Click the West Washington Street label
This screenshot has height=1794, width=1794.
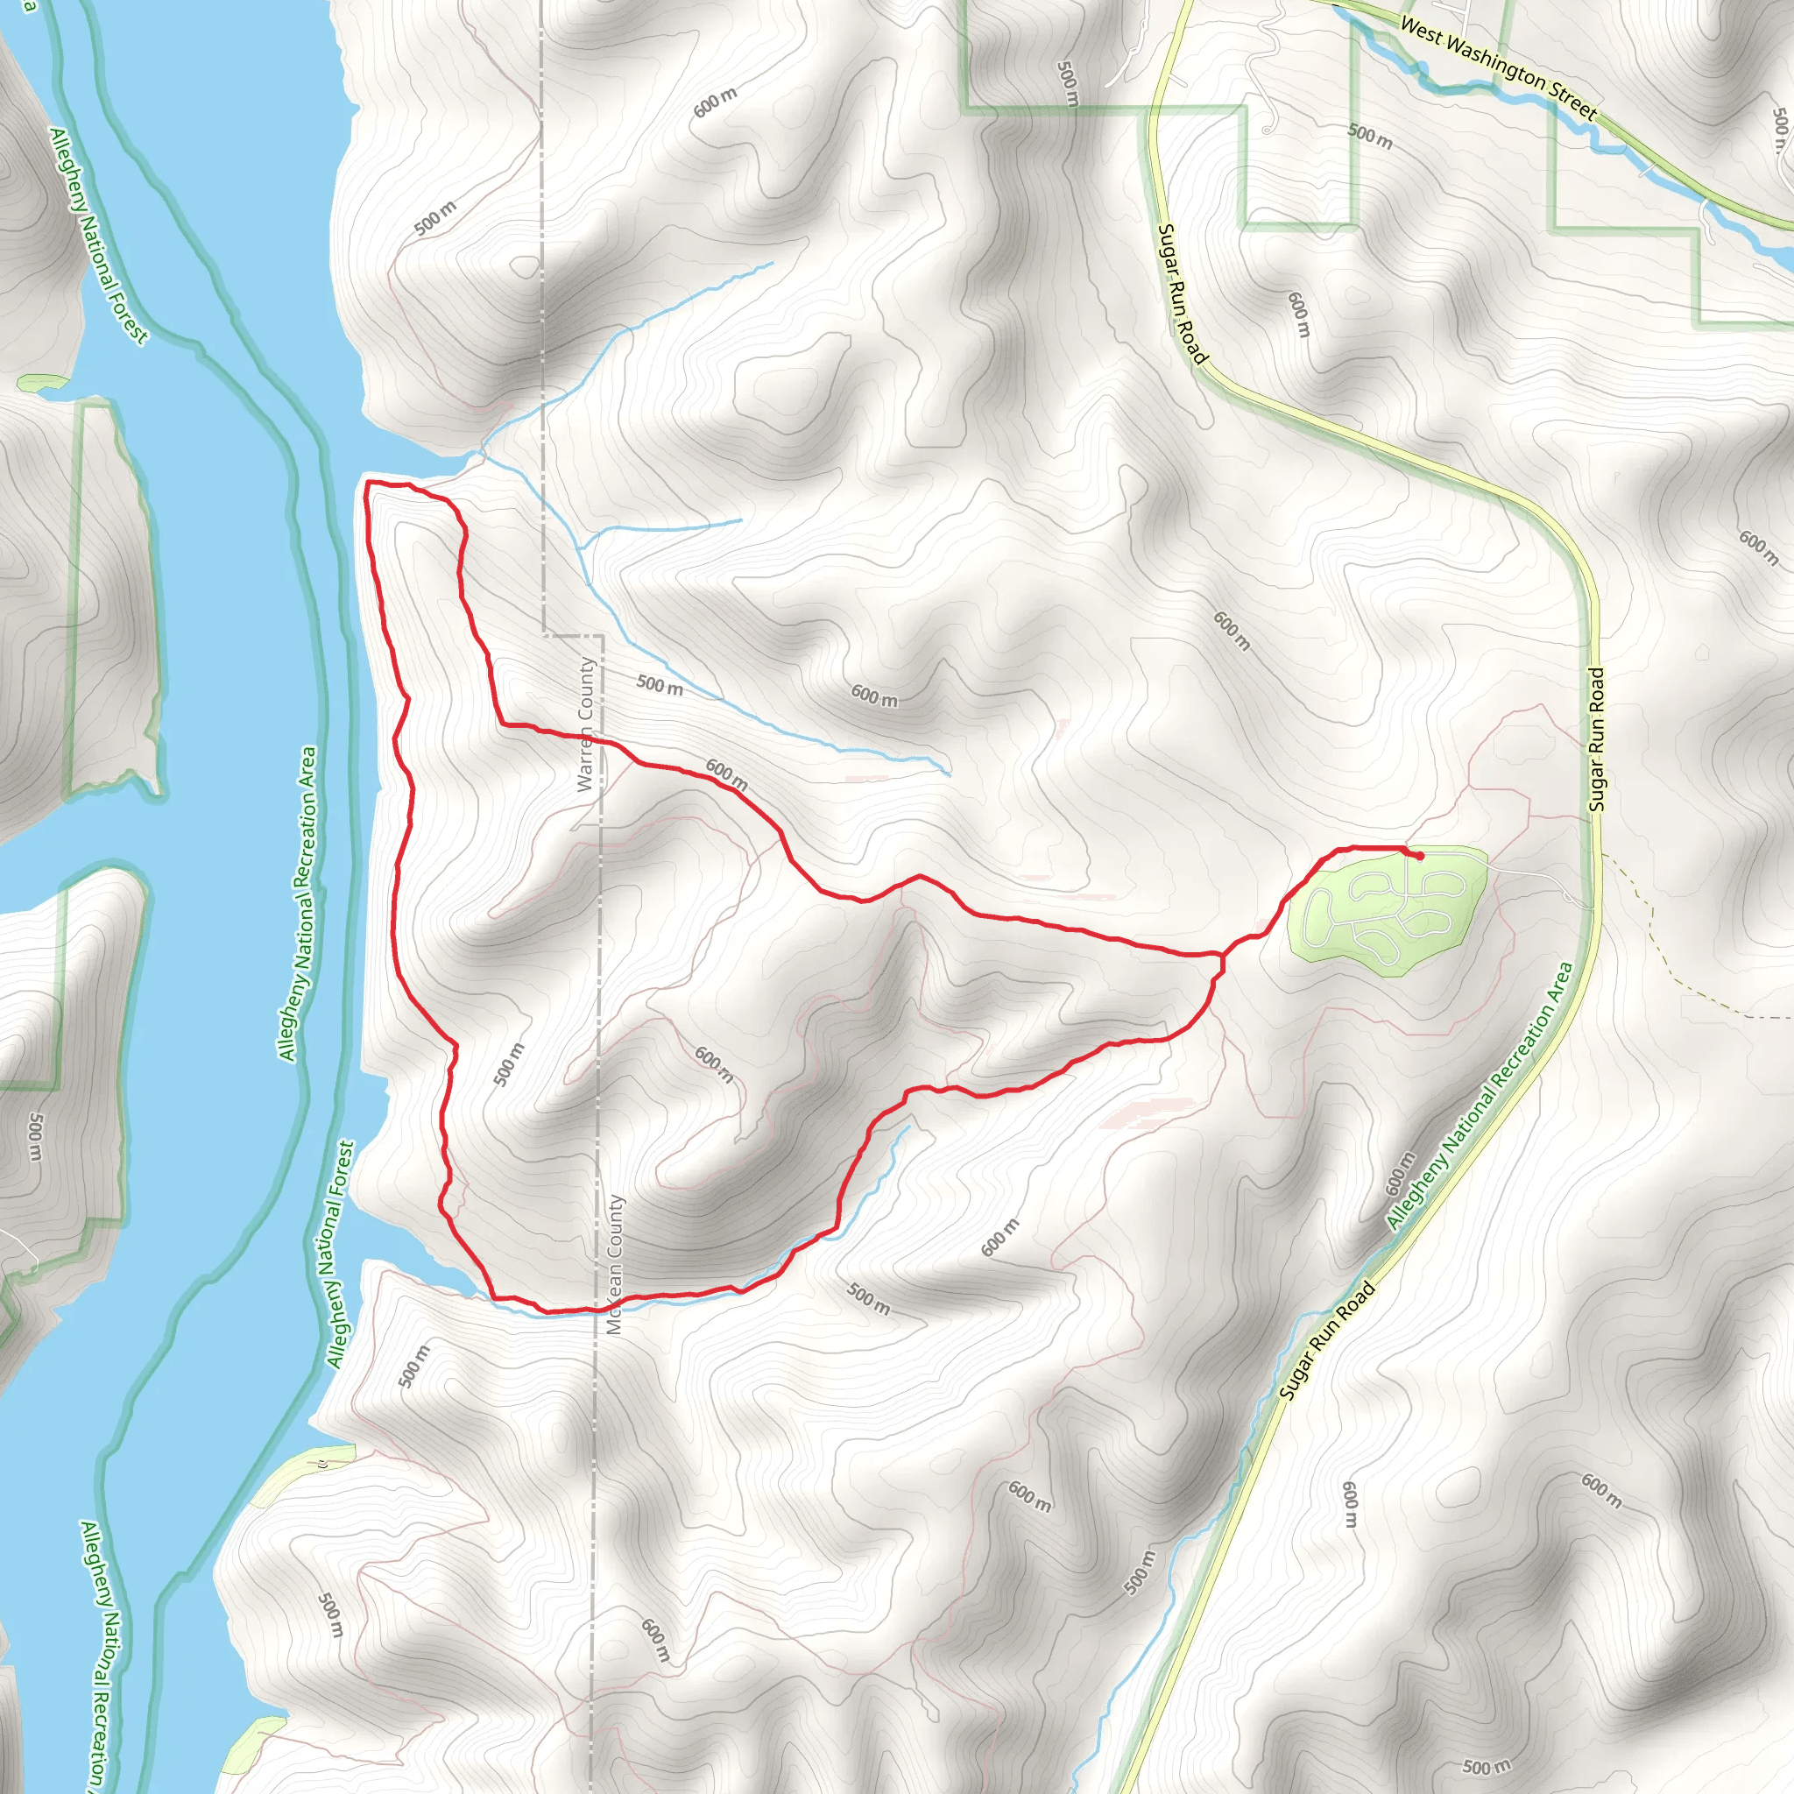pos(1497,70)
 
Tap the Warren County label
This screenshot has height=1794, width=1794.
pos(585,724)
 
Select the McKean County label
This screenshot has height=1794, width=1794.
pos(616,1265)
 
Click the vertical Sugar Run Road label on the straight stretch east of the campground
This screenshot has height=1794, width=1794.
pos(1596,740)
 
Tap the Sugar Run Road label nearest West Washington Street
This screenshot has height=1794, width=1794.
pos(1182,294)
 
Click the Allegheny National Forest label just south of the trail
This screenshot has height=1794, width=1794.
pos(340,1254)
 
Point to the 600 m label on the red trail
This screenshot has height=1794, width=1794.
pos(726,774)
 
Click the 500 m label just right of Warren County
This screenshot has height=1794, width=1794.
pos(660,685)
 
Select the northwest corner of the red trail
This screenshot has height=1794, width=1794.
pos(370,483)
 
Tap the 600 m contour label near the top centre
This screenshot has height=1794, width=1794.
pos(715,102)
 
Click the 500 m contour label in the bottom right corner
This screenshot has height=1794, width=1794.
pos(1486,1767)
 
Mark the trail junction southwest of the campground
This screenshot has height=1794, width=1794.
pos(1220,956)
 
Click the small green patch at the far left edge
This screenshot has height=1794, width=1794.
pos(41,383)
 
